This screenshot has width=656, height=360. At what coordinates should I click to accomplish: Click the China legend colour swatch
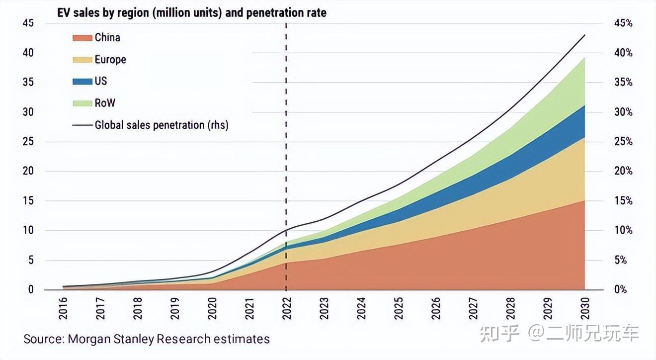(x=82, y=38)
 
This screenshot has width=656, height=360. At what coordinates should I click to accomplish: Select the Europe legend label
(x=110, y=60)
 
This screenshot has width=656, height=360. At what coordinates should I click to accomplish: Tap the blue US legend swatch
(x=82, y=82)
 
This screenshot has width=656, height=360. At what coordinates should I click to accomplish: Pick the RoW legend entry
(x=104, y=103)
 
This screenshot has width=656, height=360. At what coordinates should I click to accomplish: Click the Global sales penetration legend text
(x=162, y=125)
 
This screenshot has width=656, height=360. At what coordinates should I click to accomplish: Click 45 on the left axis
(x=28, y=23)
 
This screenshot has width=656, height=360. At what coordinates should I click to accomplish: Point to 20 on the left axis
(x=28, y=171)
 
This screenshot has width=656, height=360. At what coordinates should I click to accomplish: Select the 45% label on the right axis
(x=623, y=23)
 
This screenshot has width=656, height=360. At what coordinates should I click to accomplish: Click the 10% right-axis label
(x=623, y=230)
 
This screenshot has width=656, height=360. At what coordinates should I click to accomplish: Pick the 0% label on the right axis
(x=620, y=289)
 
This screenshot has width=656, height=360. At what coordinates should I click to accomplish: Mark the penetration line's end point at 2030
(x=584, y=35)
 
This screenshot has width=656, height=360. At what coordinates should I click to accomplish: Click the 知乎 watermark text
(x=499, y=333)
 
